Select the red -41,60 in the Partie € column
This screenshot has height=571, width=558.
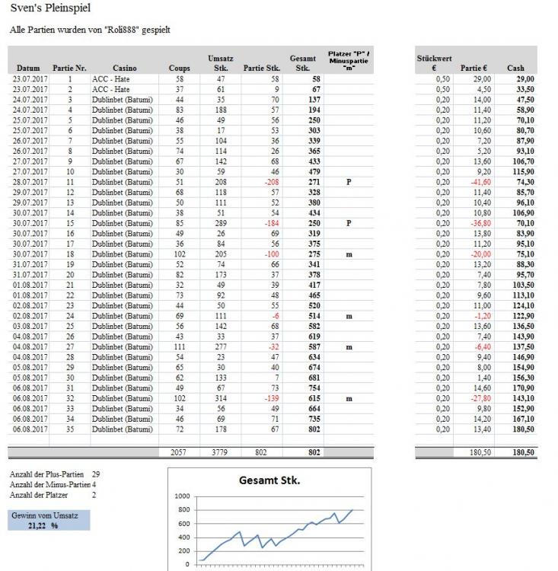coord(478,183)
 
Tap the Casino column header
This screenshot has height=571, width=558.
coord(125,68)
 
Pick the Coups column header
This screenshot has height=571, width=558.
coord(179,68)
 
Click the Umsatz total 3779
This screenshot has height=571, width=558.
coord(221,452)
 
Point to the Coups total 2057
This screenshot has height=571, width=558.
coord(179,452)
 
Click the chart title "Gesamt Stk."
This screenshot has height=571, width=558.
coord(269,481)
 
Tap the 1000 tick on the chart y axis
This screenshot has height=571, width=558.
coord(182,496)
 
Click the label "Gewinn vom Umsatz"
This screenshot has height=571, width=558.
coord(45,515)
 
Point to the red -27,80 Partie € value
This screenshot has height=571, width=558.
coord(478,397)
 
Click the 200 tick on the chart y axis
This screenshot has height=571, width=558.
coord(183,551)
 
